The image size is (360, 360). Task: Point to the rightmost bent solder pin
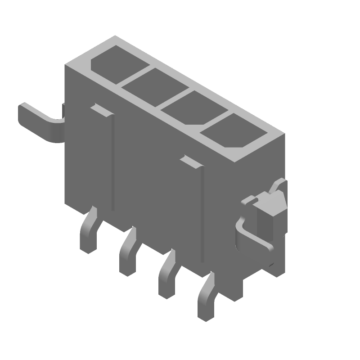pos(207,299)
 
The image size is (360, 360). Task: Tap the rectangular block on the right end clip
pos(270,211)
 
